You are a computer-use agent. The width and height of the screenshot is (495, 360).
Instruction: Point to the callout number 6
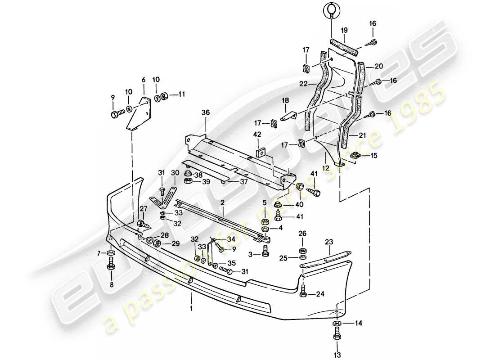click(144, 80)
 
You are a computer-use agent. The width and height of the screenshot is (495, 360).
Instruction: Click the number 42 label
click(257, 134)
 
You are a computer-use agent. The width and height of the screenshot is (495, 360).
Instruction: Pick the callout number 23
click(329, 242)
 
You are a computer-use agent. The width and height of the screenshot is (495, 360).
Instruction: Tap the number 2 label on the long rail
click(222, 203)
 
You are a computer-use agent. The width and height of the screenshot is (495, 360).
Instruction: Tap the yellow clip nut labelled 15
click(355, 156)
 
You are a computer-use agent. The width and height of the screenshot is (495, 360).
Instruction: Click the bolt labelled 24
click(303, 293)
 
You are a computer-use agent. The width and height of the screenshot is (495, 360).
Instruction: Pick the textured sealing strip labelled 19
click(344, 45)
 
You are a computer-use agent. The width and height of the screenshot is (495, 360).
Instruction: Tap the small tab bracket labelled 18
click(288, 116)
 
